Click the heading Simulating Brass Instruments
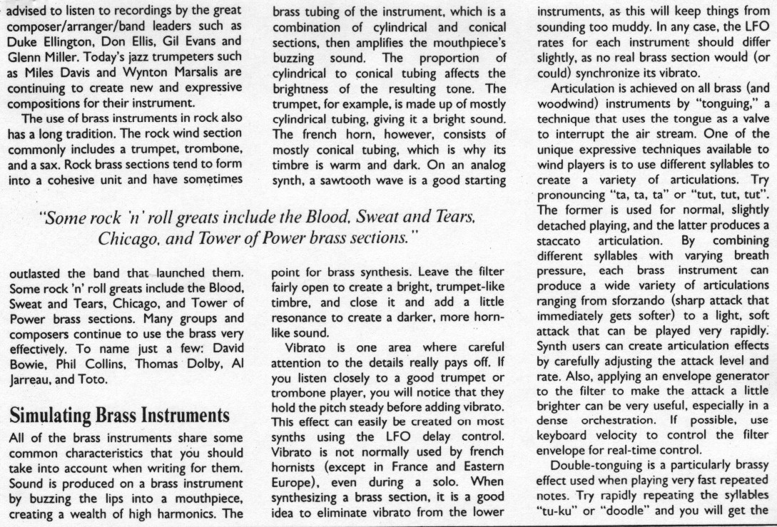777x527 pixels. [118, 415]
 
